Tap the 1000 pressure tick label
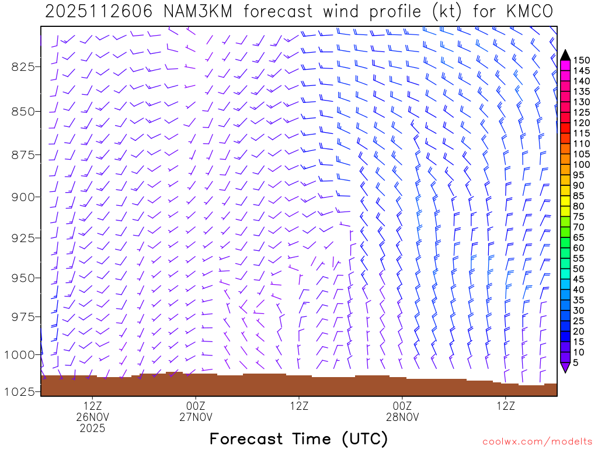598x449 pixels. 20,354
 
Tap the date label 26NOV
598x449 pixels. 93,417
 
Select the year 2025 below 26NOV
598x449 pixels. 93,429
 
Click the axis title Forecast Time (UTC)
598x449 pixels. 298,439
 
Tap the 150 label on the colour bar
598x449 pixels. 582,60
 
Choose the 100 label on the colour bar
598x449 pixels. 582,165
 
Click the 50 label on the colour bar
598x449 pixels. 580,269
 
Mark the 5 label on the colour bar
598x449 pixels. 577,362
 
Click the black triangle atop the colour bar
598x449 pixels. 565,55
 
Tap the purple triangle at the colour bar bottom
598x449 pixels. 565,368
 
